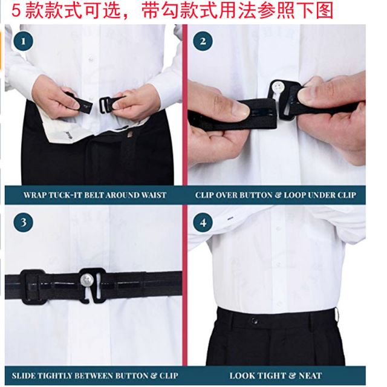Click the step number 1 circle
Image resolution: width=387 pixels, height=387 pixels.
click(23, 41)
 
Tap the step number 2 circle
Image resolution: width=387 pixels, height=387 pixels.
click(203, 41)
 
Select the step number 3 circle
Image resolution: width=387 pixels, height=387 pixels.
click(23, 222)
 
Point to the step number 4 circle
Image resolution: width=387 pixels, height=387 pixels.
click(203, 223)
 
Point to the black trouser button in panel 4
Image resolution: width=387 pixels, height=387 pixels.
click(255, 321)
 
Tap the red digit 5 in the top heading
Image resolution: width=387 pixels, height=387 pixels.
click(16, 11)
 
